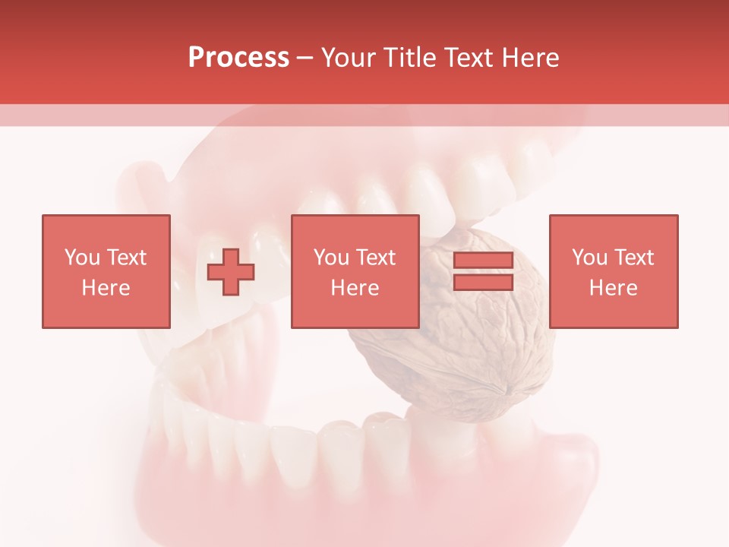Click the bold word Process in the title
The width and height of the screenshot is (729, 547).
[238, 58]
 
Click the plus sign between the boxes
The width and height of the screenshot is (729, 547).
[231, 272]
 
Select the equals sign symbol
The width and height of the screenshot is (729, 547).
[483, 271]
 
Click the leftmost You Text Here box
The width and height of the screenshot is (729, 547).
[106, 271]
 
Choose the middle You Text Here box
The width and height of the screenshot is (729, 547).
[355, 271]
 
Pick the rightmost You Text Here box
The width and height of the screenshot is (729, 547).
[613, 271]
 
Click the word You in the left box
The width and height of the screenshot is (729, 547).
[82, 257]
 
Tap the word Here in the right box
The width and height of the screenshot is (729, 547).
[613, 287]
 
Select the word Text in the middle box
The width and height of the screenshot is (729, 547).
[375, 257]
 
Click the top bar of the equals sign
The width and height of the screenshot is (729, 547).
[483, 261]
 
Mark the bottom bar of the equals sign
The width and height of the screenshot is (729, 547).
[483, 282]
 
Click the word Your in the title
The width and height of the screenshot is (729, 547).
[347, 58]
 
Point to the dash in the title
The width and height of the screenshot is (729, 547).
[305, 58]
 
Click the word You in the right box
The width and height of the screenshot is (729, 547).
[589, 257]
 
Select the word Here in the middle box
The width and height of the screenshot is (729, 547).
[355, 287]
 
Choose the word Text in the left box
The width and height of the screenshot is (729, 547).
[126, 257]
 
